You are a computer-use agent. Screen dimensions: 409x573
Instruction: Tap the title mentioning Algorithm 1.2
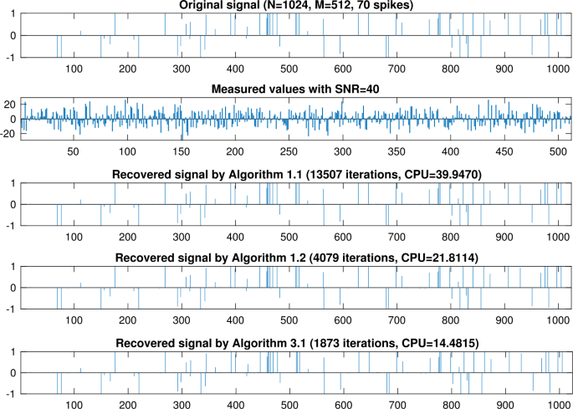click(296, 259)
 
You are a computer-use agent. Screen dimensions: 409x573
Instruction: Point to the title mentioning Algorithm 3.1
click(296, 344)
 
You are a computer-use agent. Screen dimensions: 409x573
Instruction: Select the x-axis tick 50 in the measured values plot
click(73, 152)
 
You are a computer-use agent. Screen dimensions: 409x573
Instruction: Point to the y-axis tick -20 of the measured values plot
click(8, 134)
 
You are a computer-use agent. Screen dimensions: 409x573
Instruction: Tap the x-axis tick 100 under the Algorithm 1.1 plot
click(74, 237)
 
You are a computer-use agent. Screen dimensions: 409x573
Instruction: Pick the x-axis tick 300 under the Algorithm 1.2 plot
click(181, 320)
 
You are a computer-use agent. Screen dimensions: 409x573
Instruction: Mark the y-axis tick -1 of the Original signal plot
click(11, 57)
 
